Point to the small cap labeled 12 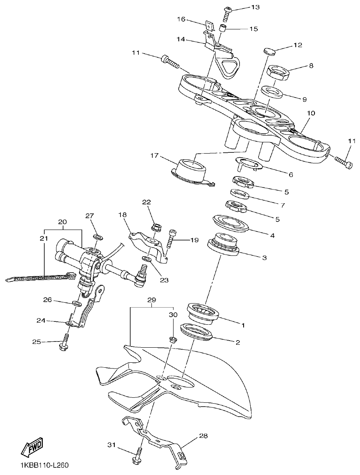coord(269,52)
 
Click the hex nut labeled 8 coord(278,73)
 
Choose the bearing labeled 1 coord(203,313)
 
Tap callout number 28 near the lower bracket coord(203,436)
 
